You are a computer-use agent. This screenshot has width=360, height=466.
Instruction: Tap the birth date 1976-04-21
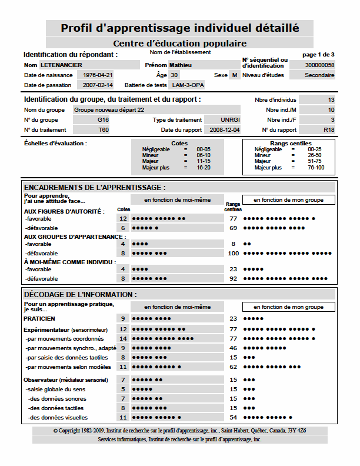pyautogui.click(x=98, y=75)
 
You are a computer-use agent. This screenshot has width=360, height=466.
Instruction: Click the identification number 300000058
pyautogui.click(x=320, y=65)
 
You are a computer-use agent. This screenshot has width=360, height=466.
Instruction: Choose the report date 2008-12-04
pyautogui.click(x=225, y=130)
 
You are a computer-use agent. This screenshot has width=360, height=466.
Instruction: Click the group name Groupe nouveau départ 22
pyautogui.click(x=109, y=109)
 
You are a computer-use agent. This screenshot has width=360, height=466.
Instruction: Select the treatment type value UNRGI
pyautogui.click(x=230, y=120)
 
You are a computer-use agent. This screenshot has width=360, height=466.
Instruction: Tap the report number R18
pyautogui.click(x=329, y=130)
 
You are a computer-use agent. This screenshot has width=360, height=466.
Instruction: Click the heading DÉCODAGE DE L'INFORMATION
pyautogui.click(x=81, y=294)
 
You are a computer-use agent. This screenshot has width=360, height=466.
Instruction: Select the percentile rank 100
pyautogui.click(x=233, y=253)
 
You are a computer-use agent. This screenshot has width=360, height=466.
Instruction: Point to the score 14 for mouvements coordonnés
pyautogui.click(x=123, y=338)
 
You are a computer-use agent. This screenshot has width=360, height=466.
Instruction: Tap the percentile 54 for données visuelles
pyautogui.click(x=233, y=417)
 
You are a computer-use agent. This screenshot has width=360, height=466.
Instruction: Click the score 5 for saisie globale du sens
pyautogui.click(x=123, y=389)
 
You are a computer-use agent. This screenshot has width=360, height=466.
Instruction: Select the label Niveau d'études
pyautogui.click(x=264, y=75)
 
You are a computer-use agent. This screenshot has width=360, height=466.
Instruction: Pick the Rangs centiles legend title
pyautogui.click(x=291, y=144)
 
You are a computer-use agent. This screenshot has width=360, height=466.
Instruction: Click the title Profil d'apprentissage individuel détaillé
pyautogui.click(x=179, y=28)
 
